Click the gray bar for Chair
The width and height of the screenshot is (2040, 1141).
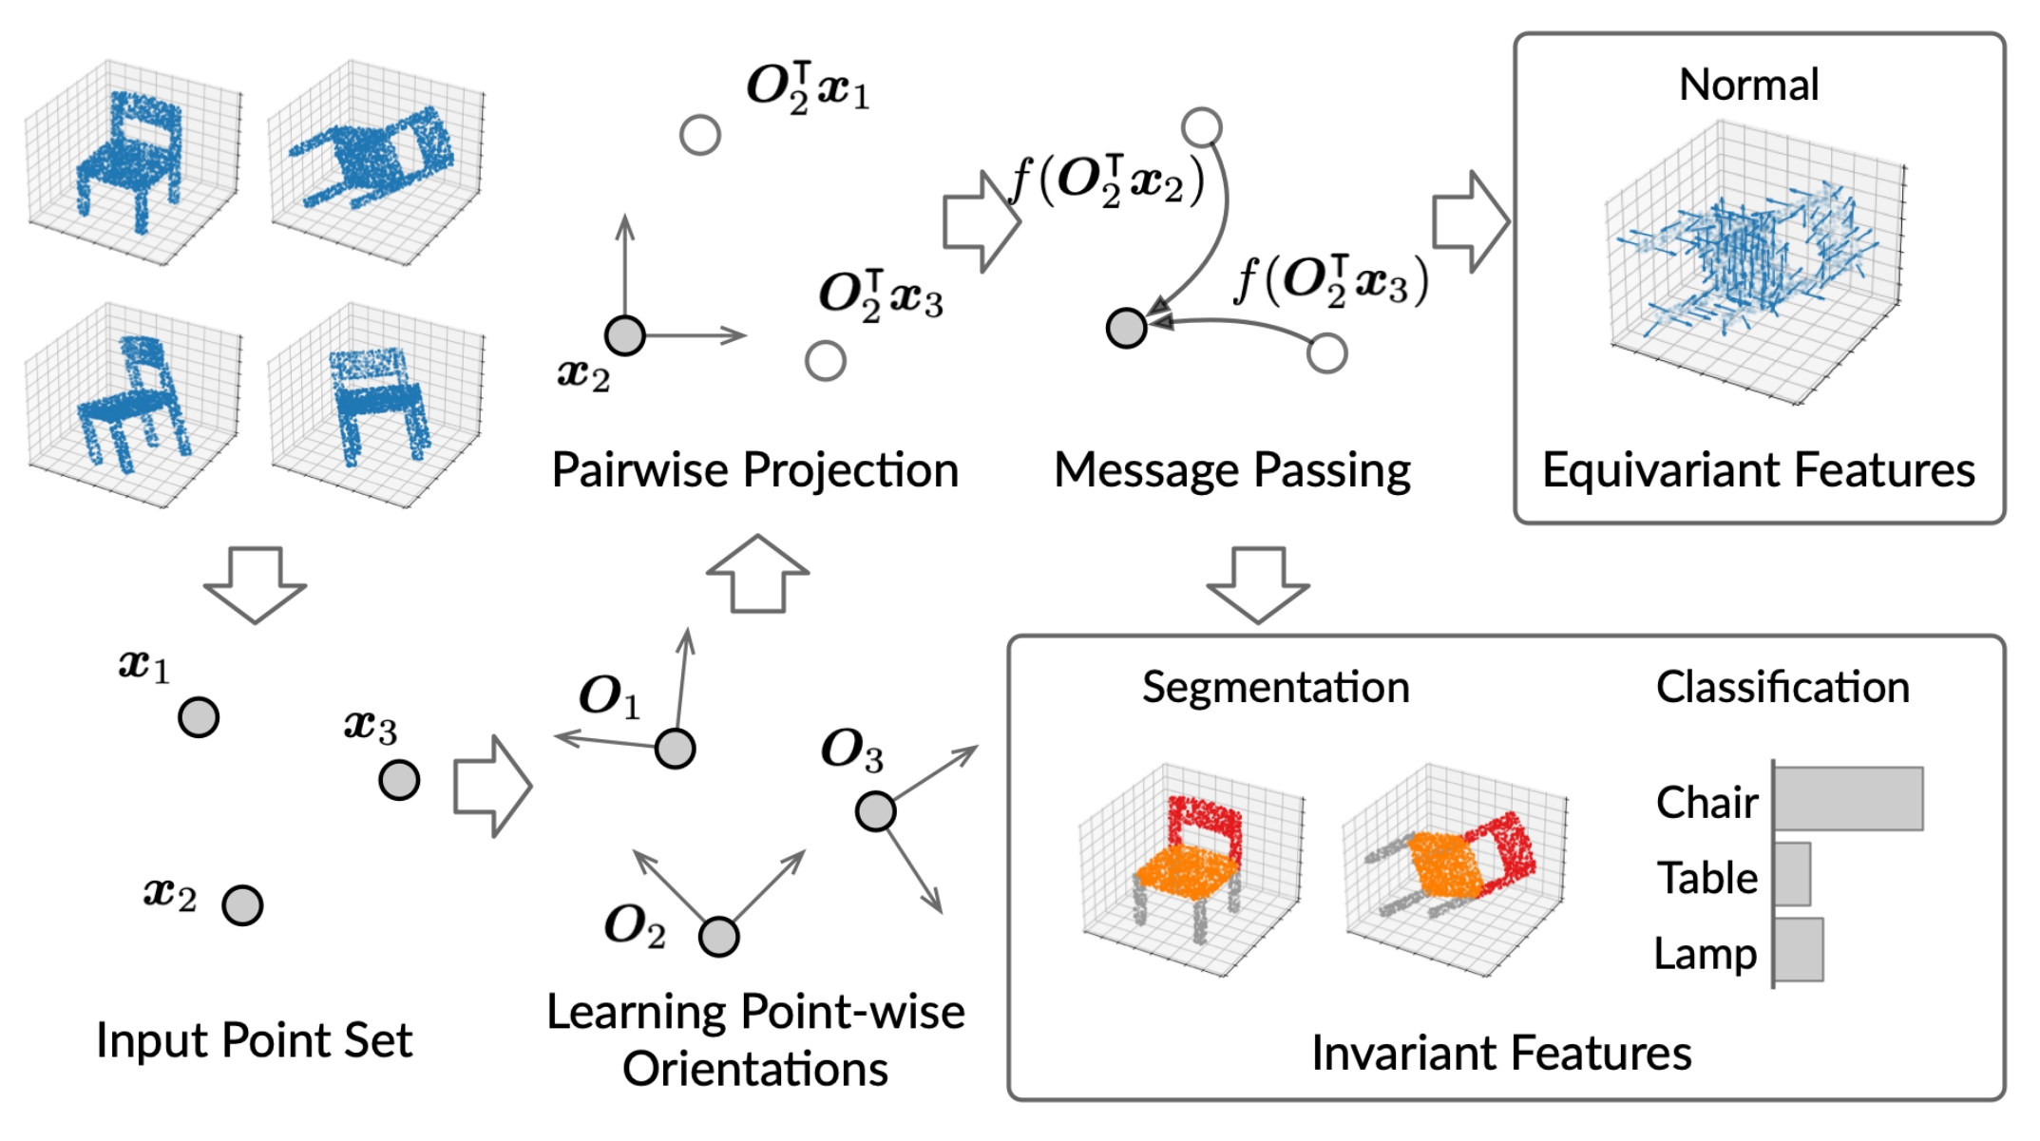point(1848,798)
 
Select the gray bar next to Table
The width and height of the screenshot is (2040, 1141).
point(1792,874)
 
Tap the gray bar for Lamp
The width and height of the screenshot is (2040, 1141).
point(1799,949)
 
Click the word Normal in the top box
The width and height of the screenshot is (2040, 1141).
point(1748,85)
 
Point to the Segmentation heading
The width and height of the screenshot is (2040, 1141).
point(1275,687)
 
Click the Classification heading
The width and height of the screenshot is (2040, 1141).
point(1783,687)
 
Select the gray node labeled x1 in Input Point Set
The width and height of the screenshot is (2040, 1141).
point(199,717)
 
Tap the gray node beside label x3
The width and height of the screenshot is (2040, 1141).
point(399,780)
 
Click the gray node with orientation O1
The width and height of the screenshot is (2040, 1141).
point(675,749)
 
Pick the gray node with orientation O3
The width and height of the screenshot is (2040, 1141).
point(875,811)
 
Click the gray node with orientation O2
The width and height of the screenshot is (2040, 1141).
point(718,937)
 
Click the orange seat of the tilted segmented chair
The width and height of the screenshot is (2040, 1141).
point(1444,865)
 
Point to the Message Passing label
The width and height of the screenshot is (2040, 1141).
point(1231,470)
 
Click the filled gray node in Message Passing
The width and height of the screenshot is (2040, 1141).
point(1126,328)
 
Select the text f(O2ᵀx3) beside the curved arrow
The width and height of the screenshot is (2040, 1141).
point(1330,281)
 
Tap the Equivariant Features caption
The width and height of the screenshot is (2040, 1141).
point(1758,470)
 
